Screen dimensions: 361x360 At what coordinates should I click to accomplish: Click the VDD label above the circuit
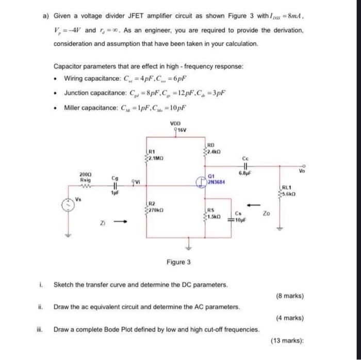coord(176,124)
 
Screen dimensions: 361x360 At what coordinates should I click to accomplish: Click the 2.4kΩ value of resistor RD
coord(215,153)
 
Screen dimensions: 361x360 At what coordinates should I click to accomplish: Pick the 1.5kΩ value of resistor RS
coord(216,216)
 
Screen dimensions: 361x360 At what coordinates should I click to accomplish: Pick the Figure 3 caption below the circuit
coord(178,262)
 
